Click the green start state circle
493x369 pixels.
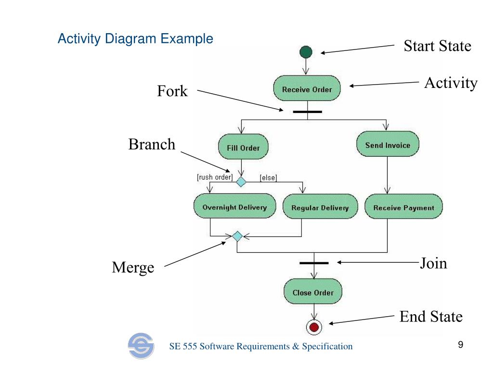(x=306, y=52)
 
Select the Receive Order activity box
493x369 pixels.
(x=307, y=88)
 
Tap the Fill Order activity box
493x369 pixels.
(x=243, y=147)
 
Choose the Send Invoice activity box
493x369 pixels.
(x=388, y=144)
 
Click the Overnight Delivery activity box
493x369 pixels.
(x=234, y=206)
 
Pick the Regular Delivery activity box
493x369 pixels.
(x=320, y=206)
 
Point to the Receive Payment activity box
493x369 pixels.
(x=404, y=206)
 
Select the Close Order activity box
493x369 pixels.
(x=313, y=291)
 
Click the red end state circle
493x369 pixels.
(x=314, y=327)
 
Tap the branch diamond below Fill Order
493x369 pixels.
(x=241, y=182)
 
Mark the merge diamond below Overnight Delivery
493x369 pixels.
(x=237, y=236)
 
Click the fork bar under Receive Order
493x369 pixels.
(x=307, y=111)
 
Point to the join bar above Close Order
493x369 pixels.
(x=314, y=263)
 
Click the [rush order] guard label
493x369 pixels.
(x=215, y=177)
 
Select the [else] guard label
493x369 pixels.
(x=269, y=178)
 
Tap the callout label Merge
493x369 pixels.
(x=133, y=268)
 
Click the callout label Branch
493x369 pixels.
(x=152, y=144)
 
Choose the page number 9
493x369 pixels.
(x=461, y=344)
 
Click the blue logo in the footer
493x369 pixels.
(x=141, y=346)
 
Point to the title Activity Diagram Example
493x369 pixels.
(x=135, y=38)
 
